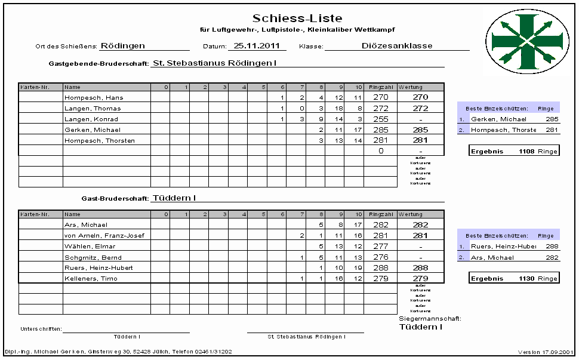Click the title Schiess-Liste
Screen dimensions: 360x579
pos(297,19)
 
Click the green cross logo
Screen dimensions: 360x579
pos(524,40)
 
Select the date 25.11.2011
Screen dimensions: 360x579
pos(257,45)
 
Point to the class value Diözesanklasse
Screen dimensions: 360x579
pos(397,45)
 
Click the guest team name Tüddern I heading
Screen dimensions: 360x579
pos(174,198)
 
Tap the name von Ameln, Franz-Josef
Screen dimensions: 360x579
pos(104,235)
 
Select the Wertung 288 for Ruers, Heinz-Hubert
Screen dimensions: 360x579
pos(420,267)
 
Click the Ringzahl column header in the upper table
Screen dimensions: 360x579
pos(380,87)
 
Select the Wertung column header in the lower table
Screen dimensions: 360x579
pos(411,214)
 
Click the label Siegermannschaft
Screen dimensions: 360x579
pos(430,319)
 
